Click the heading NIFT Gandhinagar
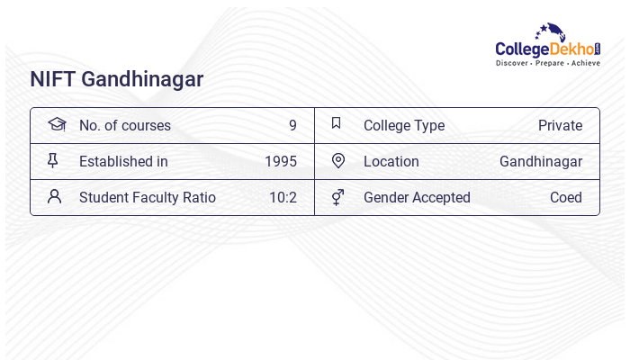(116, 79)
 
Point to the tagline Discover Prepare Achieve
(547, 64)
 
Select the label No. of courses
(124, 125)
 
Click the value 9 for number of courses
(292, 125)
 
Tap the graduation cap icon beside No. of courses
(57, 124)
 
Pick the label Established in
(123, 161)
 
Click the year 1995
(280, 161)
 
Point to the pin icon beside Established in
(53, 160)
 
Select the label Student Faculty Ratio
(147, 197)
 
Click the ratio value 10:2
(283, 197)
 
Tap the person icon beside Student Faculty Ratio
(54, 196)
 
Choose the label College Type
(403, 125)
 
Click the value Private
(560, 125)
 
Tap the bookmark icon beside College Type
(336, 123)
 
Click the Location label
(391, 161)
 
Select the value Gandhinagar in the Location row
(540, 161)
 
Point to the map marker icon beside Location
(337, 160)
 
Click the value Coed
(565, 197)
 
